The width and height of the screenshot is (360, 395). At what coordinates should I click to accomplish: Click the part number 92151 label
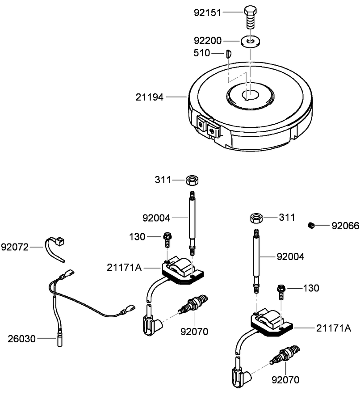coord(207,13)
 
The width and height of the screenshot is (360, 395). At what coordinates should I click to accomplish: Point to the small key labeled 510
coord(227,54)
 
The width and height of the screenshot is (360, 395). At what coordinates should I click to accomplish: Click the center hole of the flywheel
coord(250,95)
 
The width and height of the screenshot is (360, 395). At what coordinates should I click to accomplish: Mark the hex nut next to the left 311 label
coord(193,180)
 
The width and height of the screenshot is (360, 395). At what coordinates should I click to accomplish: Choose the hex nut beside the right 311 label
coord(256,218)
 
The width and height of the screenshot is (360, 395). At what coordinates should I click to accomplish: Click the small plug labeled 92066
coord(311,226)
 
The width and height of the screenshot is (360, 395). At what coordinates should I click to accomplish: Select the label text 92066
coord(345,226)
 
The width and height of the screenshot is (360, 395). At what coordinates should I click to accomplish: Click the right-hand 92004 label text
coord(291,257)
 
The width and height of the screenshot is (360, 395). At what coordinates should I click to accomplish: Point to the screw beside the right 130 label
coord(281,291)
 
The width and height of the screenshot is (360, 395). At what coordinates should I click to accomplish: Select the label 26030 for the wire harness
coord(21,339)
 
